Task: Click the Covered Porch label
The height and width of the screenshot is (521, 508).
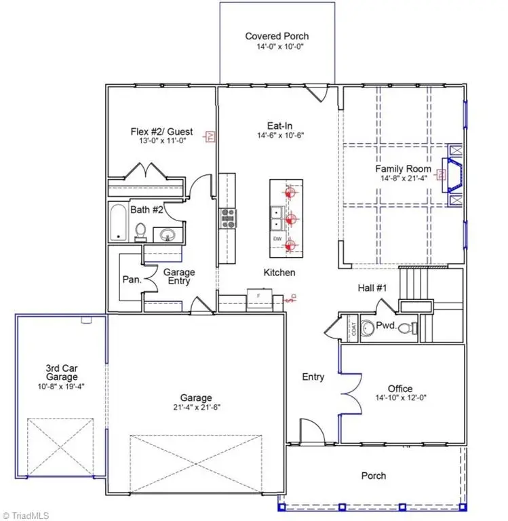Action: pos(276,36)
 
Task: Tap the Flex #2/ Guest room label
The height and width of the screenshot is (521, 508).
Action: pos(161,132)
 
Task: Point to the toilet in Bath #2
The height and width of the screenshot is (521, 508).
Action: pos(141,233)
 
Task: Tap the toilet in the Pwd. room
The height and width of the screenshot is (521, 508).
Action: pos(407,329)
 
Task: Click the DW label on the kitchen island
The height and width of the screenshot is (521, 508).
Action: pos(277,239)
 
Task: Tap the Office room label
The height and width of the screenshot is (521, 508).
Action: pos(399,389)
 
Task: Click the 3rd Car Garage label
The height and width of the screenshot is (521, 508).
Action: pos(61,372)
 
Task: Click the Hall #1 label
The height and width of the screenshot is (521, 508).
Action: pos(372,288)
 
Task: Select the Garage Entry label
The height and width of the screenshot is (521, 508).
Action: pos(179,277)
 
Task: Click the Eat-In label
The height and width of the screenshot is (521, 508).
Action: pos(279,125)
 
